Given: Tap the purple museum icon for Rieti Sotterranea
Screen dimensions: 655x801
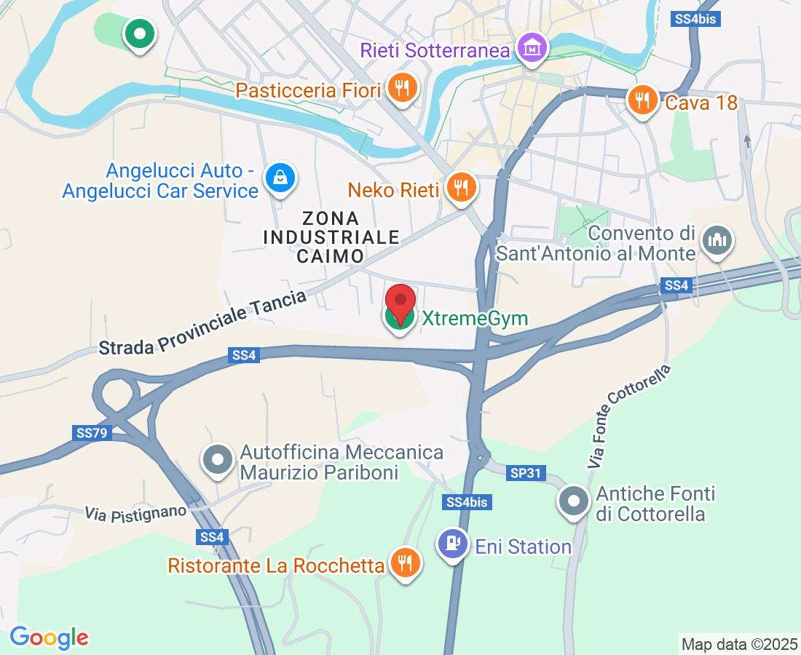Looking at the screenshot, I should click(533, 48).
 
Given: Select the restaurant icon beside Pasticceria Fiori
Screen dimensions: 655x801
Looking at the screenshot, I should click(401, 89).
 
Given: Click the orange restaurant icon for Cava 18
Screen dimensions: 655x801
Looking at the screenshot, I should click(642, 101).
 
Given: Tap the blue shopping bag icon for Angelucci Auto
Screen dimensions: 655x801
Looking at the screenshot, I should click(280, 177).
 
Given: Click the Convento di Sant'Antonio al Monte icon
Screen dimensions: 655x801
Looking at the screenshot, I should click(717, 241).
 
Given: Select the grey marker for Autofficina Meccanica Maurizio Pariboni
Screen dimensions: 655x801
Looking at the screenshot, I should click(218, 460).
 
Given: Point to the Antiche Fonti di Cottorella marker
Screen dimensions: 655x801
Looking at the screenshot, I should click(574, 501).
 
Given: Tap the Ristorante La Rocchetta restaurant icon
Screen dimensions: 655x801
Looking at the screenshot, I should click(404, 563).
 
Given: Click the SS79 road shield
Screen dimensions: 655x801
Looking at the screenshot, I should click(92, 433).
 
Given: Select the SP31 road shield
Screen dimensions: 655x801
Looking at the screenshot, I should click(526, 473).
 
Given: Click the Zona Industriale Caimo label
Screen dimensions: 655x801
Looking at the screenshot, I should click(331, 237).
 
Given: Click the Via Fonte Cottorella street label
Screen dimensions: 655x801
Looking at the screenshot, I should click(628, 416).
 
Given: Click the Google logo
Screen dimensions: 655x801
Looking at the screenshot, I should click(49, 638).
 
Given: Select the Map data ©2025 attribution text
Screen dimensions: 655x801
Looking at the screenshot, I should click(738, 644).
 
